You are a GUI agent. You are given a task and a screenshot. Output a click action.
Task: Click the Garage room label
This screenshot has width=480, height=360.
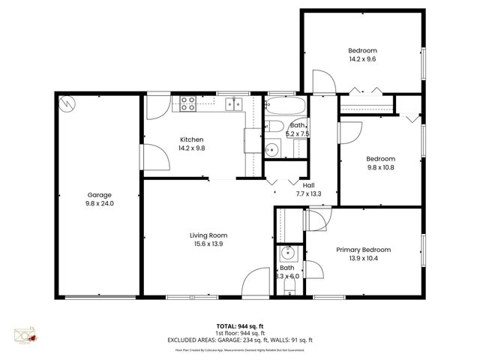pos(100,195)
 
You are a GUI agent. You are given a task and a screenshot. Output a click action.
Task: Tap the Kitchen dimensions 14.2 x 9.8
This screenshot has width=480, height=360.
pos(191,148)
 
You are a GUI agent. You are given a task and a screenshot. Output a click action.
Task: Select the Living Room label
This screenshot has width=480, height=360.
pos(208,235)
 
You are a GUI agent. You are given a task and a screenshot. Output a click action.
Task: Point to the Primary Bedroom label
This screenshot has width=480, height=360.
pos(363,250)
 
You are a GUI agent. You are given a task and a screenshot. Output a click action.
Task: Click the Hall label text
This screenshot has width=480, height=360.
pos(308,185)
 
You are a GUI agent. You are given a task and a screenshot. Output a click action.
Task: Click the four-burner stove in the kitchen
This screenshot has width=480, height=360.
pos(187,103)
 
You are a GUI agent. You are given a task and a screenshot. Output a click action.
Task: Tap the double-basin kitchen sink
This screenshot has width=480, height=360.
pos(236,103)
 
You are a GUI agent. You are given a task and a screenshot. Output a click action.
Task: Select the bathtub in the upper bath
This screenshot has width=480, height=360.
pos(286,104)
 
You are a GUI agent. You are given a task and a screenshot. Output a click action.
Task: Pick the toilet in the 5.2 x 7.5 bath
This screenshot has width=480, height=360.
pos(274,127)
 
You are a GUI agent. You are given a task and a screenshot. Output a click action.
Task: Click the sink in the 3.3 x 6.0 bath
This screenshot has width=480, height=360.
pos(286,268)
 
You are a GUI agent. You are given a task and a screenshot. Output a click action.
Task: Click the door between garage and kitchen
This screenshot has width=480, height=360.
pos(152,157)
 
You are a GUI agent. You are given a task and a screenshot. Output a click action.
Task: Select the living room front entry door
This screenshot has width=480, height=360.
pos(256,282)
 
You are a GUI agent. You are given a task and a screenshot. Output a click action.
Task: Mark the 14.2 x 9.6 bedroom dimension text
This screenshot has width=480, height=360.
pos(361,58)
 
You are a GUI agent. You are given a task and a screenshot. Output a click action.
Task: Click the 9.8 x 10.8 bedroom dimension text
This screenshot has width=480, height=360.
pos(380,168)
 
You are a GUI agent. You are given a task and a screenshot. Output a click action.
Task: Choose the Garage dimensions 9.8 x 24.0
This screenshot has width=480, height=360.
pos(100,203)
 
